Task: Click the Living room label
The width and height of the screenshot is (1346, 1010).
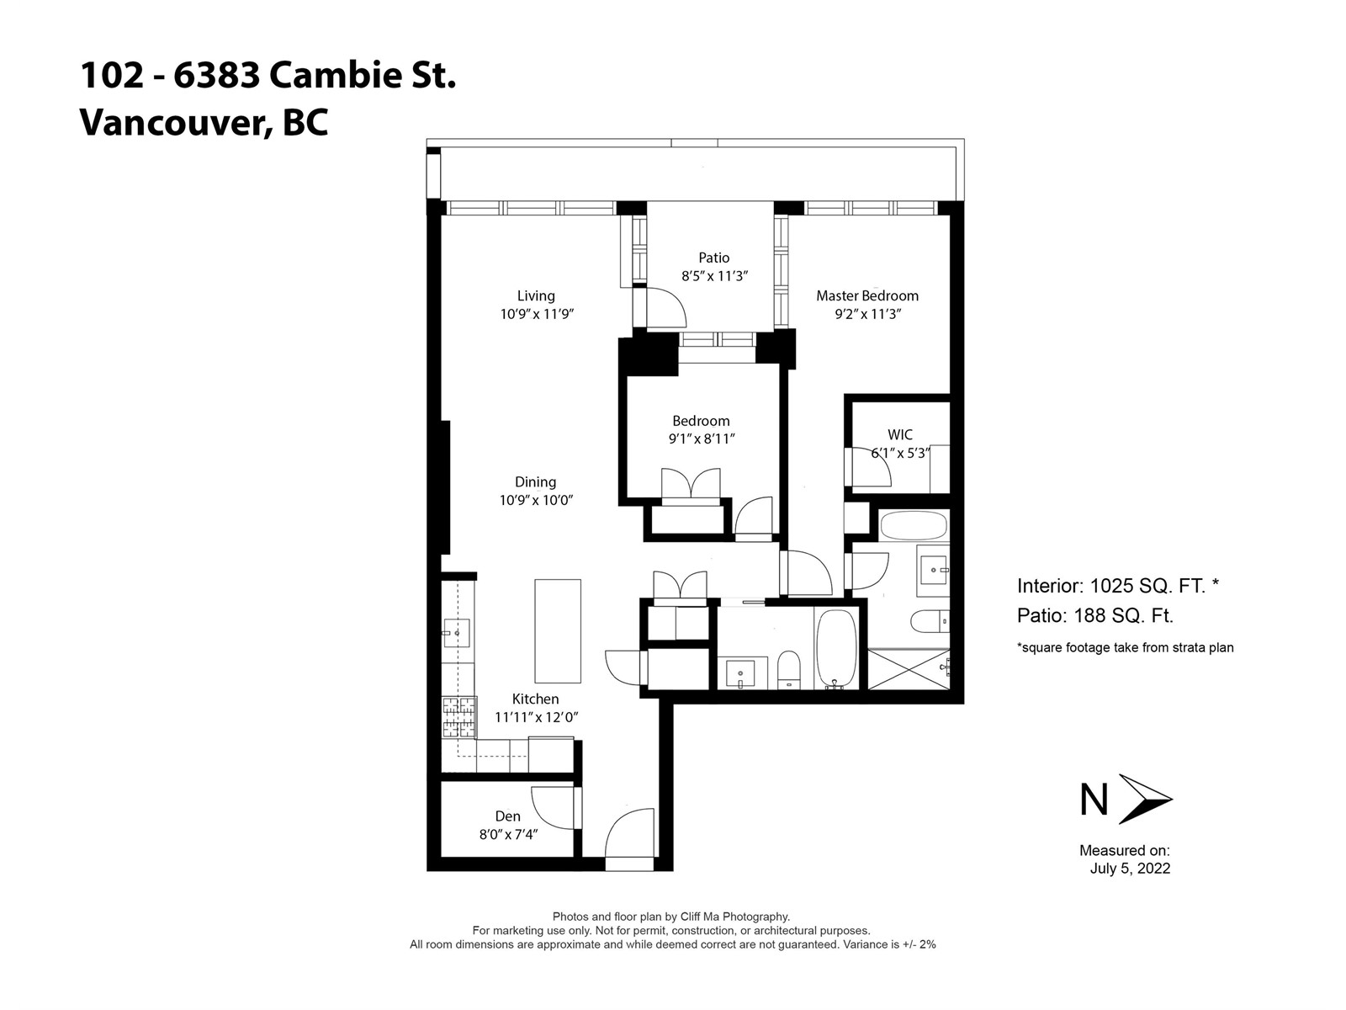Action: pyautogui.click(x=535, y=295)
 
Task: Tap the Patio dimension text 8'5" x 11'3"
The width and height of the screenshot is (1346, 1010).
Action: pyautogui.click(x=714, y=276)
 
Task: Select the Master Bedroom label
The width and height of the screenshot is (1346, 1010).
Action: pyautogui.click(x=867, y=295)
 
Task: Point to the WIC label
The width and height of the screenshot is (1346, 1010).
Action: pyautogui.click(x=899, y=435)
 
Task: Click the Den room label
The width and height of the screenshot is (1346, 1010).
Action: pyautogui.click(x=508, y=816)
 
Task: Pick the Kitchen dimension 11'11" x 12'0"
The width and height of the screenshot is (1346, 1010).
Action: pyautogui.click(x=537, y=717)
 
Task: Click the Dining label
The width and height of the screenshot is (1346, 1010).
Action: pyautogui.click(x=535, y=482)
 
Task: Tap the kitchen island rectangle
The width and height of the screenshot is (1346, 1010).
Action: pyautogui.click(x=558, y=631)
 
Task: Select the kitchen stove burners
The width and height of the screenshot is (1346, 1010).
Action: pyautogui.click(x=459, y=717)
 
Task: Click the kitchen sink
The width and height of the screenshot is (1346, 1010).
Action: pyautogui.click(x=457, y=633)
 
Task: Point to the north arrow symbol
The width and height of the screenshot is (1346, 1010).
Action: pyautogui.click(x=1145, y=799)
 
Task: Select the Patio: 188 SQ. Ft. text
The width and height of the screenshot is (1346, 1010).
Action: pyautogui.click(x=1094, y=615)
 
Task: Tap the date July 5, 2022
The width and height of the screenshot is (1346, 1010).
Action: pyautogui.click(x=1130, y=869)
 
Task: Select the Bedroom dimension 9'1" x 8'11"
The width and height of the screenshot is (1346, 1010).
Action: pyautogui.click(x=702, y=439)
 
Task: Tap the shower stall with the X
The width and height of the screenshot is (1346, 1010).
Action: pyautogui.click(x=909, y=669)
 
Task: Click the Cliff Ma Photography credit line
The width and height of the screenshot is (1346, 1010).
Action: pyautogui.click(x=670, y=917)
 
